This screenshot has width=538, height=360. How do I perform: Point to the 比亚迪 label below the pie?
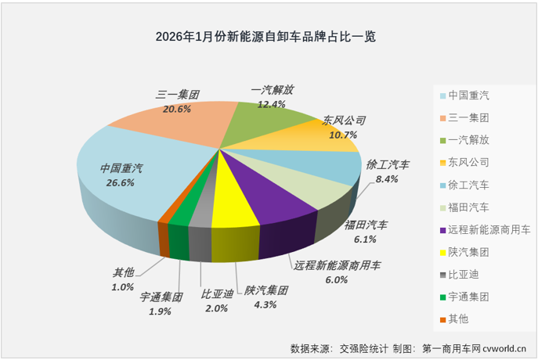[x=217, y=294]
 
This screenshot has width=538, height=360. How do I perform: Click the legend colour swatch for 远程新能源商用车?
[x=443, y=230]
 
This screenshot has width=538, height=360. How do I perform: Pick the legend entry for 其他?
[x=459, y=319]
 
